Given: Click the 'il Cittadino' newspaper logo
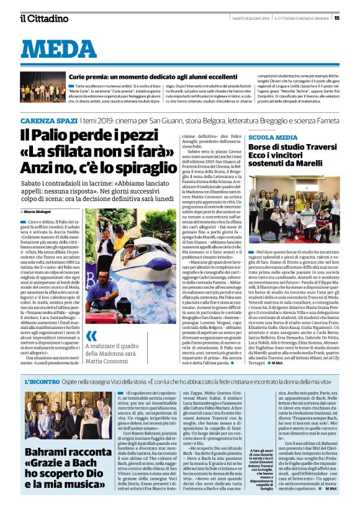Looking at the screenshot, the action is [x=44, y=18].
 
